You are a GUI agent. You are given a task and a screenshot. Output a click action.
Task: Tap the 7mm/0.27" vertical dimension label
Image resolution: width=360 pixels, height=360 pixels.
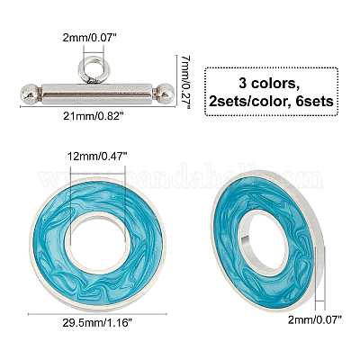point(186,82)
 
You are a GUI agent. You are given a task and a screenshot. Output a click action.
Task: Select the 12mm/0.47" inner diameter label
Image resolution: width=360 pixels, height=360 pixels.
point(97,157)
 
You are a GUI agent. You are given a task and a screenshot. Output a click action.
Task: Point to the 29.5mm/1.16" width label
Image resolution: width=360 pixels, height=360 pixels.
point(97,323)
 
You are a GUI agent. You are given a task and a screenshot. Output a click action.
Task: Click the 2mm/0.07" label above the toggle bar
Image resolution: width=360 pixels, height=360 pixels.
point(89,38)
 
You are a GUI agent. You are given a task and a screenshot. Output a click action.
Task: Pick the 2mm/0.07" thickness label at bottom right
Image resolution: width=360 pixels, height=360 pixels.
point(315,319)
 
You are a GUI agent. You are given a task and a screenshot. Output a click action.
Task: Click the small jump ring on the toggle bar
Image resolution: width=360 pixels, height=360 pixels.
point(94,69)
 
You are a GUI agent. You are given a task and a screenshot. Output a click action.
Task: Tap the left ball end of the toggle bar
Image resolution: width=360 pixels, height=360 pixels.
point(31,94)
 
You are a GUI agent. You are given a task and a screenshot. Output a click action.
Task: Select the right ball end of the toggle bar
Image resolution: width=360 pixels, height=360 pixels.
point(164,94)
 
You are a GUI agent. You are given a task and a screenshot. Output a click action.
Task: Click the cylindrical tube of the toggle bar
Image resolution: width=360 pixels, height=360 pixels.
point(96,94)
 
